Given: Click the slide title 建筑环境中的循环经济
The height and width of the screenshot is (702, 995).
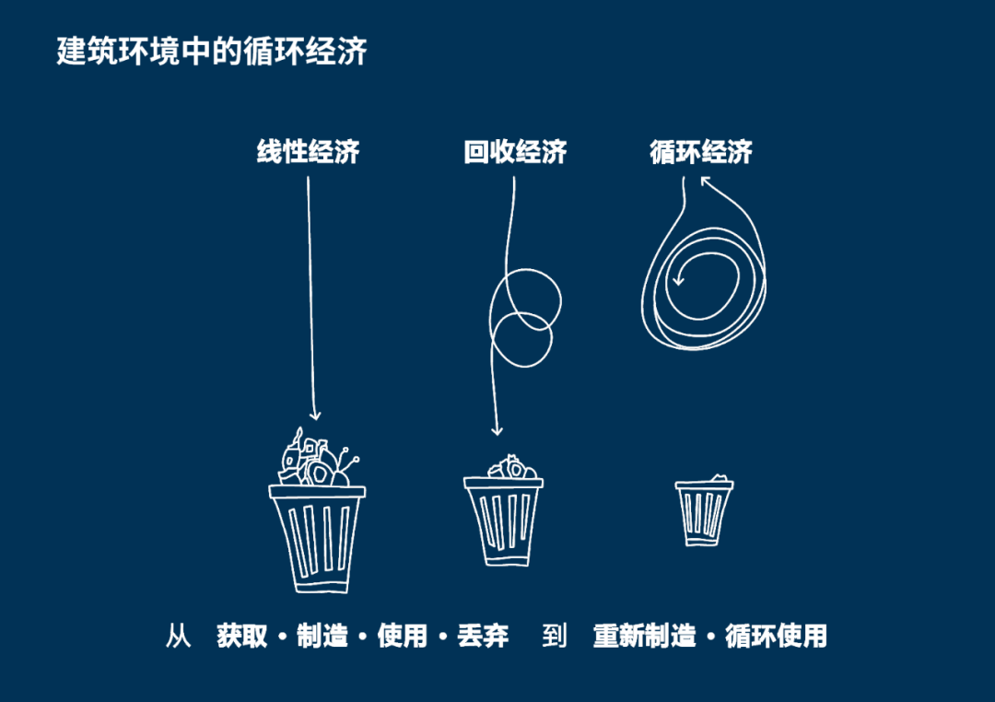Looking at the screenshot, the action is click(x=211, y=51).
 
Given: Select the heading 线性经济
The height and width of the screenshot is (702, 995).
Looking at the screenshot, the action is click(x=309, y=152).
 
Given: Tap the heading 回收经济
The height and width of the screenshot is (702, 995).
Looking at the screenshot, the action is click(x=515, y=152).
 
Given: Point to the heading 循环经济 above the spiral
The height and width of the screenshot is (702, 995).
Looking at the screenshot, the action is click(x=701, y=152).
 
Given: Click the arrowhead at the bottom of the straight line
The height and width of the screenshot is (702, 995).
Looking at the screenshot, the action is click(x=315, y=415).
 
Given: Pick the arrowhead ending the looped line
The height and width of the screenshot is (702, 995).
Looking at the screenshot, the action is click(x=497, y=431).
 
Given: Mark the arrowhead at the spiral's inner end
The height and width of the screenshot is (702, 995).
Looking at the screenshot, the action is click(x=678, y=280).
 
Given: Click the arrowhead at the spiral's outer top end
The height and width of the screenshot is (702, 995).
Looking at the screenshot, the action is click(x=706, y=181).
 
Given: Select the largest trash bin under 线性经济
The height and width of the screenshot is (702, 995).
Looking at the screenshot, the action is click(x=317, y=539).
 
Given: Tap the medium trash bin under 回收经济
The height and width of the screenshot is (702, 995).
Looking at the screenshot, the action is click(x=503, y=521).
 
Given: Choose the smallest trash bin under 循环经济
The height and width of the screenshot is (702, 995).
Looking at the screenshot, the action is click(x=704, y=513).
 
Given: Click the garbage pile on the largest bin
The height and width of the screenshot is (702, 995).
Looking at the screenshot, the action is click(x=317, y=458).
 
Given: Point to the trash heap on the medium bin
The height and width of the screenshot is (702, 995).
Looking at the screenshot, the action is click(x=512, y=467).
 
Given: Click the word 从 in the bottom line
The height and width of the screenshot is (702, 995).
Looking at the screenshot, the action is click(x=179, y=636).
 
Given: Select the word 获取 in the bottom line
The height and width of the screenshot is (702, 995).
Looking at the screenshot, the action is click(x=241, y=636).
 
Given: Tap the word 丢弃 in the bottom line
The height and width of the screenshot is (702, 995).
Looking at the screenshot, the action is click(x=483, y=636).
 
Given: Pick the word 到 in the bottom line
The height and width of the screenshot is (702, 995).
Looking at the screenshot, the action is click(x=554, y=636).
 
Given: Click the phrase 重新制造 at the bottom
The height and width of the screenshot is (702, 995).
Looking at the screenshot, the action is click(x=645, y=636).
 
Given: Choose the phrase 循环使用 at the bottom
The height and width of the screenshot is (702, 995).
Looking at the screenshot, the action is click(x=776, y=636).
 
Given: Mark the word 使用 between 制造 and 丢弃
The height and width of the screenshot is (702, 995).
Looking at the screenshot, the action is click(x=403, y=636).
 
